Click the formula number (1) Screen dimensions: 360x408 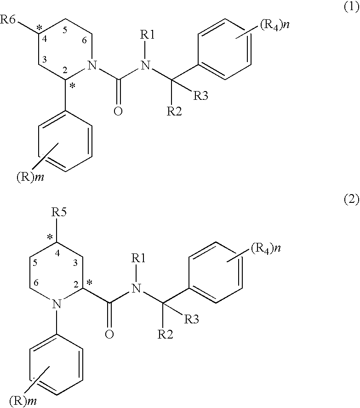[x=351, y=9]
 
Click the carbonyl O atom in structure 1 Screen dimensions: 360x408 [x=118, y=111]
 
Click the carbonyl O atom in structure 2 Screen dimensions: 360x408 [x=109, y=334]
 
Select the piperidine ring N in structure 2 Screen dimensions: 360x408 [x=56, y=304]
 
